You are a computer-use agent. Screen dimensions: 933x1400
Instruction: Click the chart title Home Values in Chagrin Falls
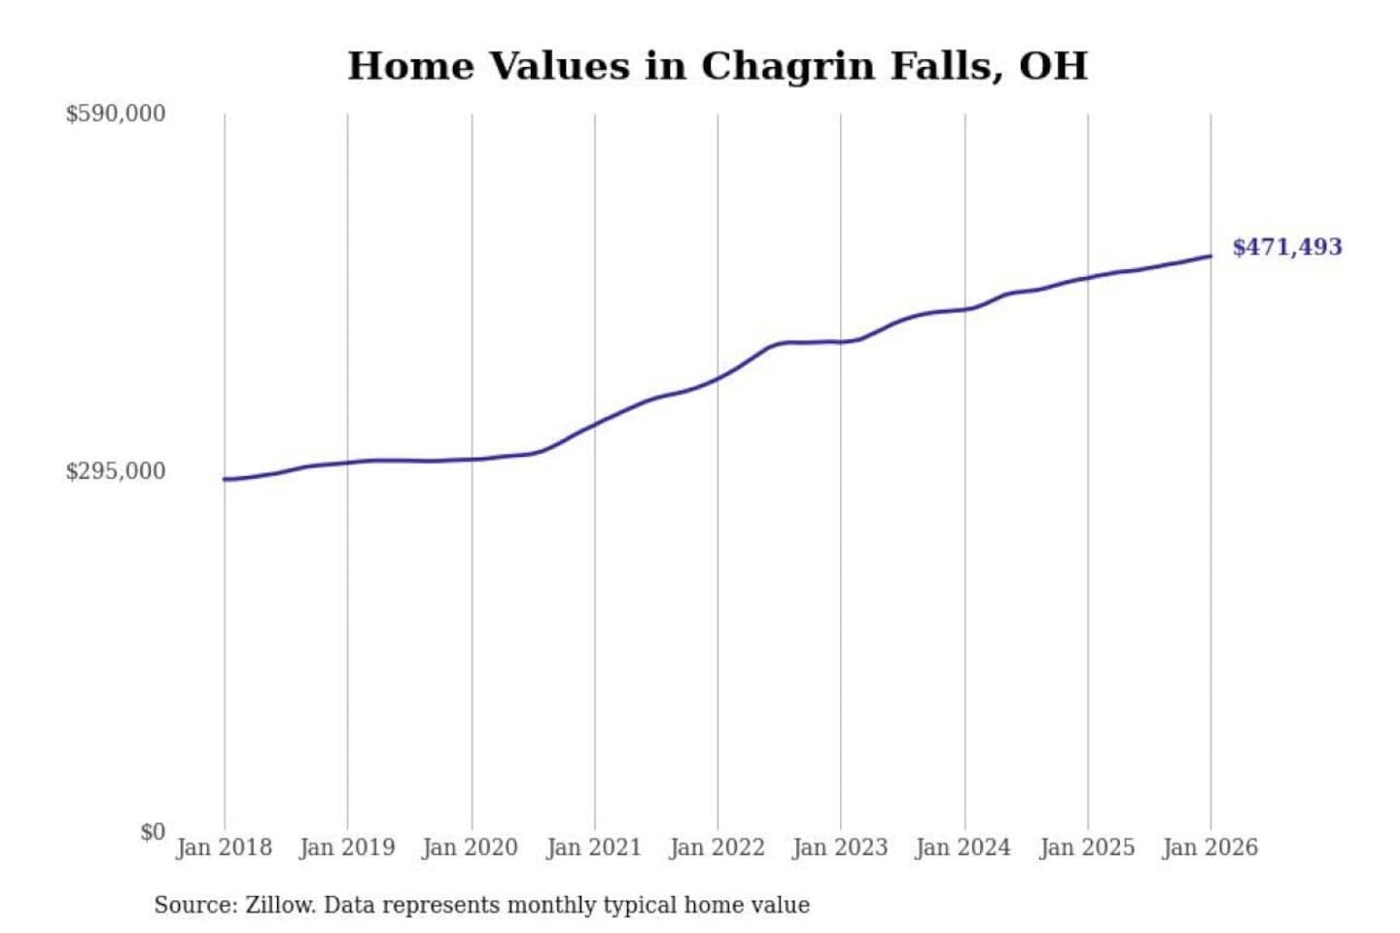pyautogui.click(x=717, y=66)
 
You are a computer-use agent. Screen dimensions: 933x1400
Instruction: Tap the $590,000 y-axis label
pyautogui.click(x=116, y=114)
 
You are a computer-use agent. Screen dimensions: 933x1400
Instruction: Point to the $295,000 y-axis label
pyautogui.click(x=116, y=471)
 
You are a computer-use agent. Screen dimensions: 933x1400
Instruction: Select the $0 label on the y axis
pyautogui.click(x=153, y=832)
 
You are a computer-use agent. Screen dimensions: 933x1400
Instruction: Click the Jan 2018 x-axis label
pyautogui.click(x=224, y=847)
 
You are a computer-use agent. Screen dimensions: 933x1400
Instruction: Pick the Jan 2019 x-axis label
pyautogui.click(x=347, y=847)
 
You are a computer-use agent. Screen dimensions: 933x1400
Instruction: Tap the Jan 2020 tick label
pyautogui.click(x=471, y=847)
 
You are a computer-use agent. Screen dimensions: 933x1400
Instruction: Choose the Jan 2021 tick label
pyautogui.click(x=594, y=847)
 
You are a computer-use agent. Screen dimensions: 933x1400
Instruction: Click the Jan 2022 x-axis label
pyautogui.click(x=717, y=847)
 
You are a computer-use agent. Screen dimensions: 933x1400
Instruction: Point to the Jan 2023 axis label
pyautogui.click(x=840, y=847)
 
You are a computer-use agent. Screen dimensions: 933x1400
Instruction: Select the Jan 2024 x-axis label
pyautogui.click(x=963, y=847)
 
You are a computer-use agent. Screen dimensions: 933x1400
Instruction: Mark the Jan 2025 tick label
pyautogui.click(x=1087, y=847)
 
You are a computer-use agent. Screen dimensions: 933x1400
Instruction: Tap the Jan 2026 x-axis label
pyautogui.click(x=1210, y=847)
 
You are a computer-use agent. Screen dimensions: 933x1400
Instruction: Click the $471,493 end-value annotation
pyautogui.click(x=1287, y=247)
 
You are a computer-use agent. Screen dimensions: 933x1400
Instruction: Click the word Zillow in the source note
pyautogui.click(x=279, y=906)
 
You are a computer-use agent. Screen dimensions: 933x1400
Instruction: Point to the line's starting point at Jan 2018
pyautogui.click(x=225, y=479)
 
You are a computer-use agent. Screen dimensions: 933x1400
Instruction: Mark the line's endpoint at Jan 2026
pyautogui.click(x=1210, y=257)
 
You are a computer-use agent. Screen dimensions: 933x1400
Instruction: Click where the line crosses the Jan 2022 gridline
pyautogui.click(x=718, y=377)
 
